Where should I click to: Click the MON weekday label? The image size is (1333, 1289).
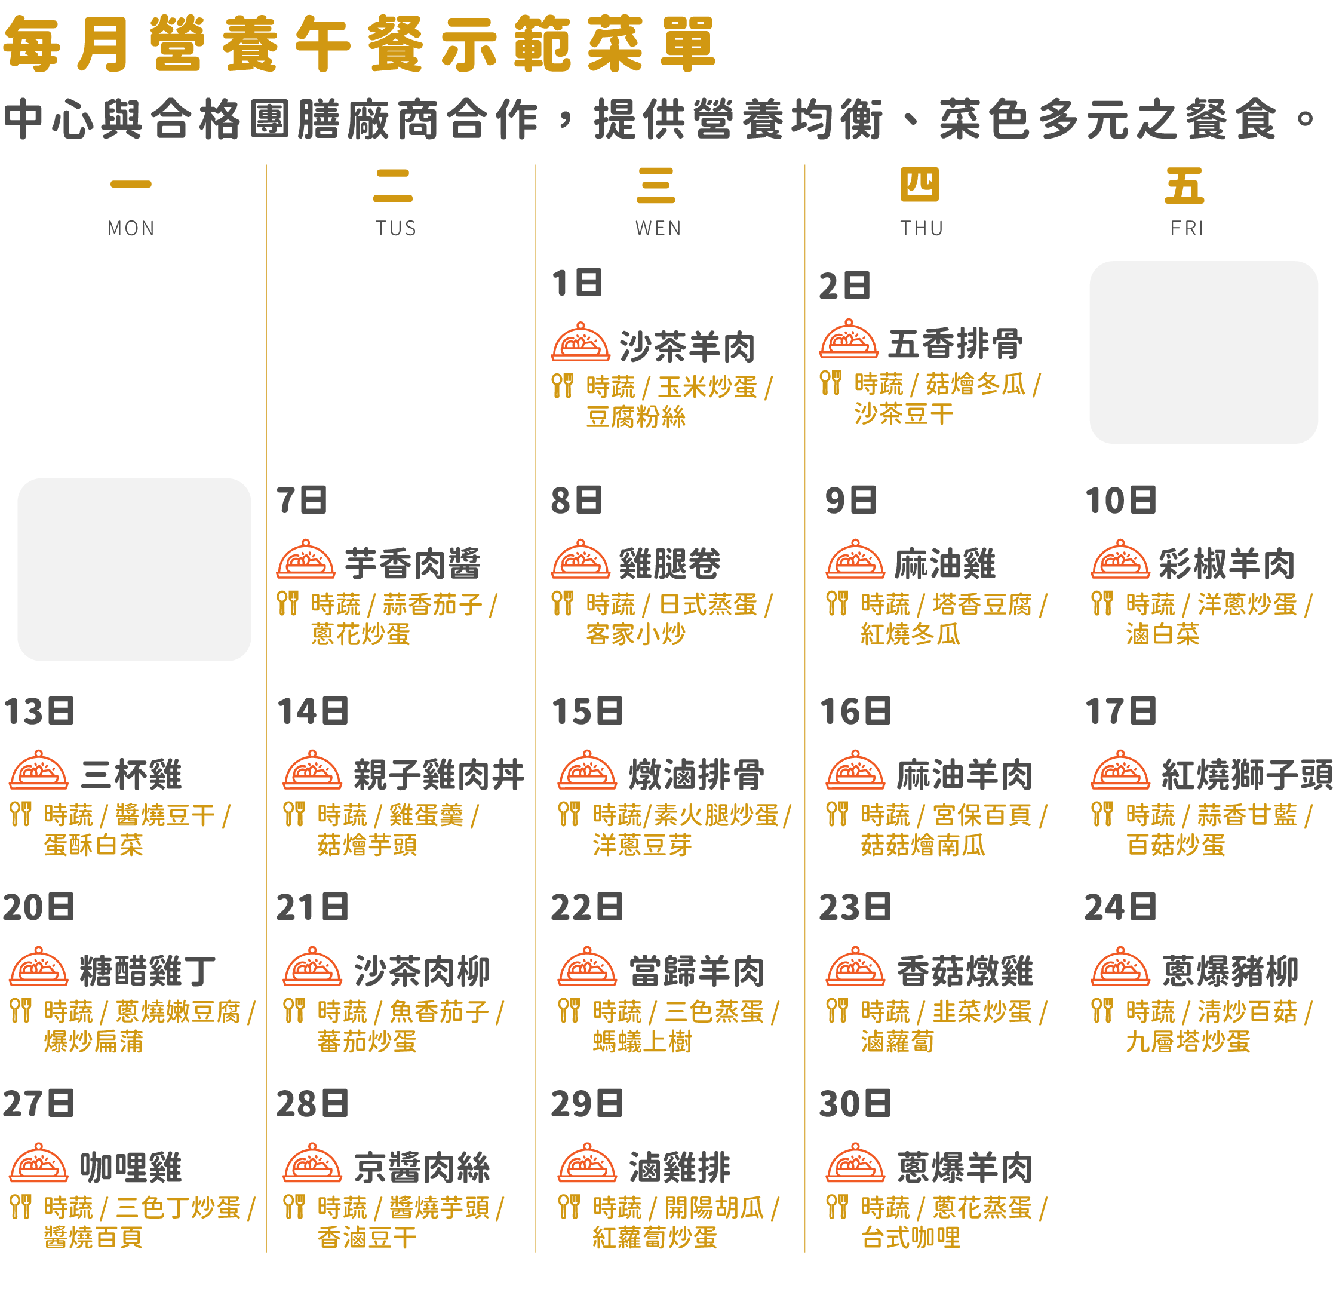(131, 228)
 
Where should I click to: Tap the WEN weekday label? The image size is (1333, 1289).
(658, 228)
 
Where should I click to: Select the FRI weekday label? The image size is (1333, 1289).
(1187, 228)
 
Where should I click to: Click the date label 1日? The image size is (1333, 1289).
(577, 283)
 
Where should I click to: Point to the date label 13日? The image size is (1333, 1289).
(39, 711)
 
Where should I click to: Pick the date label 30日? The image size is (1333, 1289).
(855, 1103)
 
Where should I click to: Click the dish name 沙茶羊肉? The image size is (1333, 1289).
(687, 347)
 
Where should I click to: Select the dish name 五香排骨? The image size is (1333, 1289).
(956, 343)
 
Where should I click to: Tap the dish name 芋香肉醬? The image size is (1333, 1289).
(413, 564)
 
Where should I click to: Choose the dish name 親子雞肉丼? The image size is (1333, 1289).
(439, 775)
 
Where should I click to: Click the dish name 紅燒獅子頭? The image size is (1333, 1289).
(1246, 775)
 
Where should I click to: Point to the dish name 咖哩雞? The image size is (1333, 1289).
(131, 1168)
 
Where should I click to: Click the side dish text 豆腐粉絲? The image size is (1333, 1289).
(636, 417)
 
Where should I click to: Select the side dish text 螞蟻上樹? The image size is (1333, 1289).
(642, 1041)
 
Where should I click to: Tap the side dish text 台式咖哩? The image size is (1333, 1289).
(911, 1237)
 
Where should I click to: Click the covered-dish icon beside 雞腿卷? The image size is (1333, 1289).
(580, 559)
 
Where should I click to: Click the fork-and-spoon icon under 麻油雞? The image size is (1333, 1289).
(837, 603)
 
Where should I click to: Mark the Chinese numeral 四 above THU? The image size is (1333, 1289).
(920, 185)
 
